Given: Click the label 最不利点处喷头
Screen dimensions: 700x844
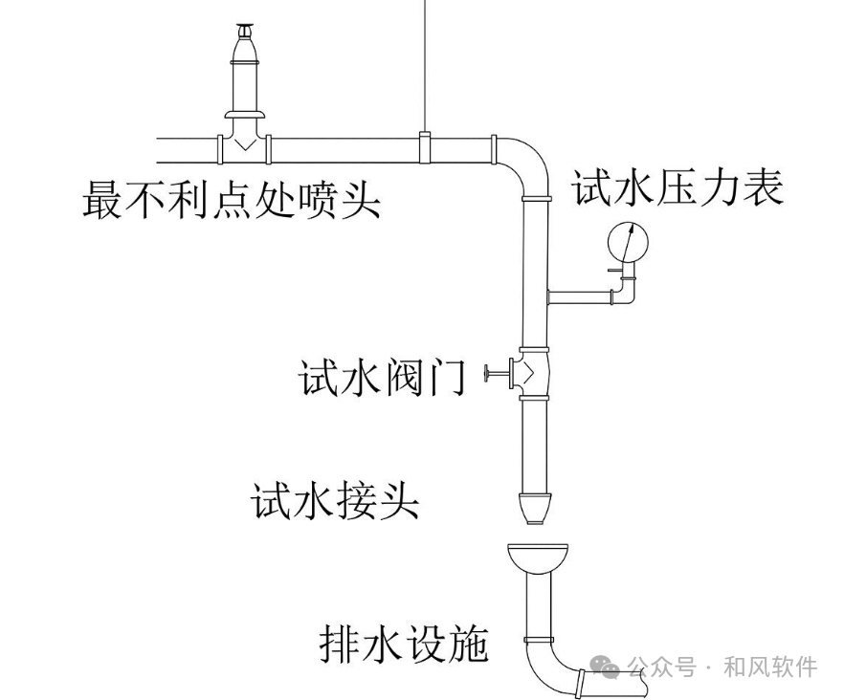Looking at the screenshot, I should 231,200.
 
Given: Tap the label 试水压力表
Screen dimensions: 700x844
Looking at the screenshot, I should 677,187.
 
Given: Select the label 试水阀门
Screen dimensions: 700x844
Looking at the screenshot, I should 382,378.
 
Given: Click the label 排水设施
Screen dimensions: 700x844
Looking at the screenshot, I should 404,645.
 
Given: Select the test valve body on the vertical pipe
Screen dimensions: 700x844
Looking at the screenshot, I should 533,372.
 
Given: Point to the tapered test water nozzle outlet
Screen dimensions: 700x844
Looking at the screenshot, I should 534,507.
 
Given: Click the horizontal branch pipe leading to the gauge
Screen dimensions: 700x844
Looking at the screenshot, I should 579,295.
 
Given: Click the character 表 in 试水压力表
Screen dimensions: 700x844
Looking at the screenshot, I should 763,187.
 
